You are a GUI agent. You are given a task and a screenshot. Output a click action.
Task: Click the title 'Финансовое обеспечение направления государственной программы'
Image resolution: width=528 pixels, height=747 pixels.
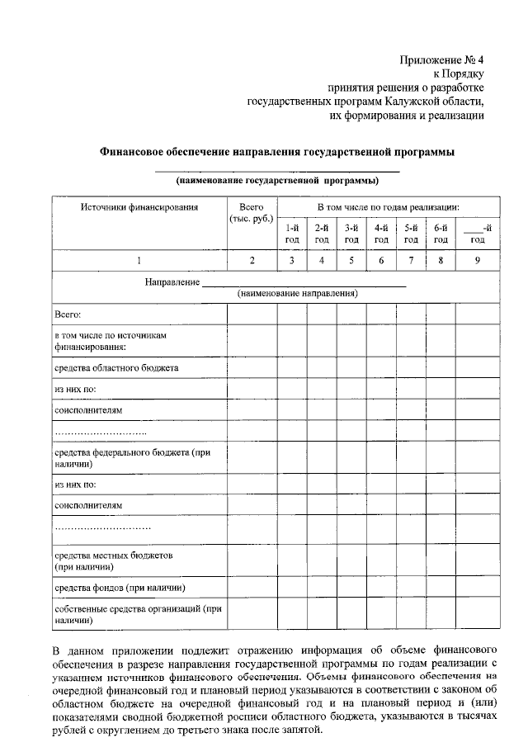click(277, 152)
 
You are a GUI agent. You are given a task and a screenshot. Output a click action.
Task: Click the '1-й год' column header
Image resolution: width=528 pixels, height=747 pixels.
click(292, 233)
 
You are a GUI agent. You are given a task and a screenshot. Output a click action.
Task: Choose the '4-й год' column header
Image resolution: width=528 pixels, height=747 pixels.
click(381, 233)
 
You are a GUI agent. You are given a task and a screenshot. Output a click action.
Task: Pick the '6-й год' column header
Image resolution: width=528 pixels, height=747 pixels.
click(441, 233)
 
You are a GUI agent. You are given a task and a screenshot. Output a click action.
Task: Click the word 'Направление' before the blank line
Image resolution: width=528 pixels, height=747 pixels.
click(172, 282)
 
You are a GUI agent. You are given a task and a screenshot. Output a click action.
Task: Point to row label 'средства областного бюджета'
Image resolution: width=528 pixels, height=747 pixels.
click(115, 367)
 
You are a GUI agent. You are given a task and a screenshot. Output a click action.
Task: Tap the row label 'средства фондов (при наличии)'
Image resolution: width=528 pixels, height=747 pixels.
click(119, 588)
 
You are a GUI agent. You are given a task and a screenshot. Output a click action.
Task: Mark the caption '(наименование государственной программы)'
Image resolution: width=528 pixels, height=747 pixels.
click(277, 180)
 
